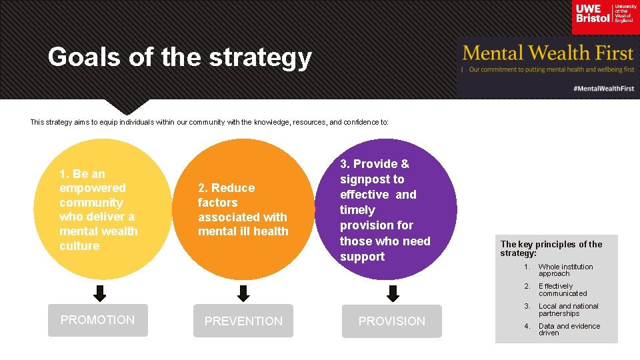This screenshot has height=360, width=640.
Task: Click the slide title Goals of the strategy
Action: pos(179,58)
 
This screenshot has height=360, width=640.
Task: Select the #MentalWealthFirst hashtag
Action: pos(603,88)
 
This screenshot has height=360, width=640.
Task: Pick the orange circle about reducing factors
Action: pos(243,209)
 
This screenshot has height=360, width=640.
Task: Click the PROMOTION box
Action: pos(98,320)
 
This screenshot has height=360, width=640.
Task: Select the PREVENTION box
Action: pos(243,321)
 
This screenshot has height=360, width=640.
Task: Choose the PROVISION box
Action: pos(392,321)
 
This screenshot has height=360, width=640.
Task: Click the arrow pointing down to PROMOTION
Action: pos(100,293)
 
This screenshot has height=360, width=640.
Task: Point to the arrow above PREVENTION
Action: pos(243,293)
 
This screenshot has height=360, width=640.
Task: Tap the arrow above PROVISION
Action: pos(393,293)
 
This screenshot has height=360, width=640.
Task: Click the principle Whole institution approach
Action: pos(565,270)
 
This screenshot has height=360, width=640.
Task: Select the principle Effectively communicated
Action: pos(563,289)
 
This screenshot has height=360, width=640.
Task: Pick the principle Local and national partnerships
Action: pos(568,309)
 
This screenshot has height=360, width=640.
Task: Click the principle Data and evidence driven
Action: pos(569,329)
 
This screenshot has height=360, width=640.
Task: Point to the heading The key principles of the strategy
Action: pos(551,249)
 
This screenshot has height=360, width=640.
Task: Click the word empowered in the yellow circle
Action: pos(92,188)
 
